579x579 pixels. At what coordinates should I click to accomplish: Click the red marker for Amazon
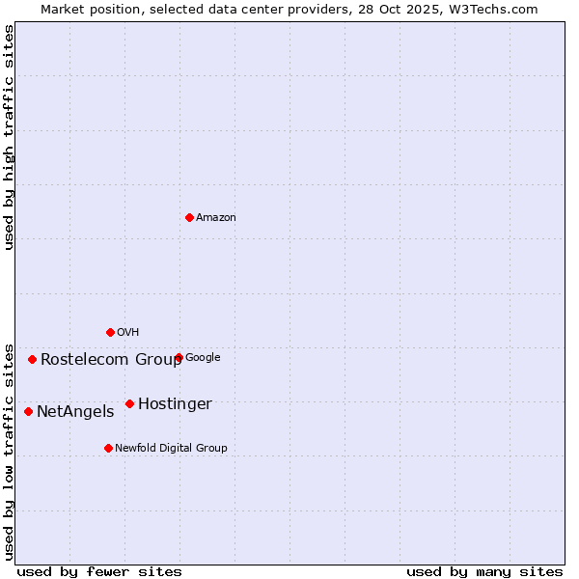click(x=189, y=217)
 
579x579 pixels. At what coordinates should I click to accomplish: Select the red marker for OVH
click(x=110, y=332)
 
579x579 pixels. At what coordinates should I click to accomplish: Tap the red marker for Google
click(x=179, y=357)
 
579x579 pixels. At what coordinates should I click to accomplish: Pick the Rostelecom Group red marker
click(x=32, y=359)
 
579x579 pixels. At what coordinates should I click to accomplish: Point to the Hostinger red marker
click(x=129, y=403)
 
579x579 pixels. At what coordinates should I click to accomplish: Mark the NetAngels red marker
click(x=28, y=411)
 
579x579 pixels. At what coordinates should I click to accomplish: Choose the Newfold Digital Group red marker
click(x=108, y=448)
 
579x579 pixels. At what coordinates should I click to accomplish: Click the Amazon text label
click(x=216, y=218)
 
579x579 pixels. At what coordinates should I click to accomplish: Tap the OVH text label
click(x=128, y=333)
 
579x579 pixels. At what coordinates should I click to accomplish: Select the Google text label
click(x=203, y=358)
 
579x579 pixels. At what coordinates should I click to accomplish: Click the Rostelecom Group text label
click(x=111, y=360)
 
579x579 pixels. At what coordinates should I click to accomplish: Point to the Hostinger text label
click(x=175, y=404)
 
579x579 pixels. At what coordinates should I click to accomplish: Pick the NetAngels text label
click(x=75, y=412)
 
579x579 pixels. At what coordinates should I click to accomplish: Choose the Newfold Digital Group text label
click(x=171, y=449)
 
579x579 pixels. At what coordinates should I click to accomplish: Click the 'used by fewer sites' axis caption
click(x=99, y=571)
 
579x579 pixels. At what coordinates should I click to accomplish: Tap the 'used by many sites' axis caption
click(x=484, y=571)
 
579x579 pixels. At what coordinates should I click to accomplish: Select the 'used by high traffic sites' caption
click(x=9, y=137)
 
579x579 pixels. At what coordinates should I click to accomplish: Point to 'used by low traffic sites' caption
click(x=9, y=451)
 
